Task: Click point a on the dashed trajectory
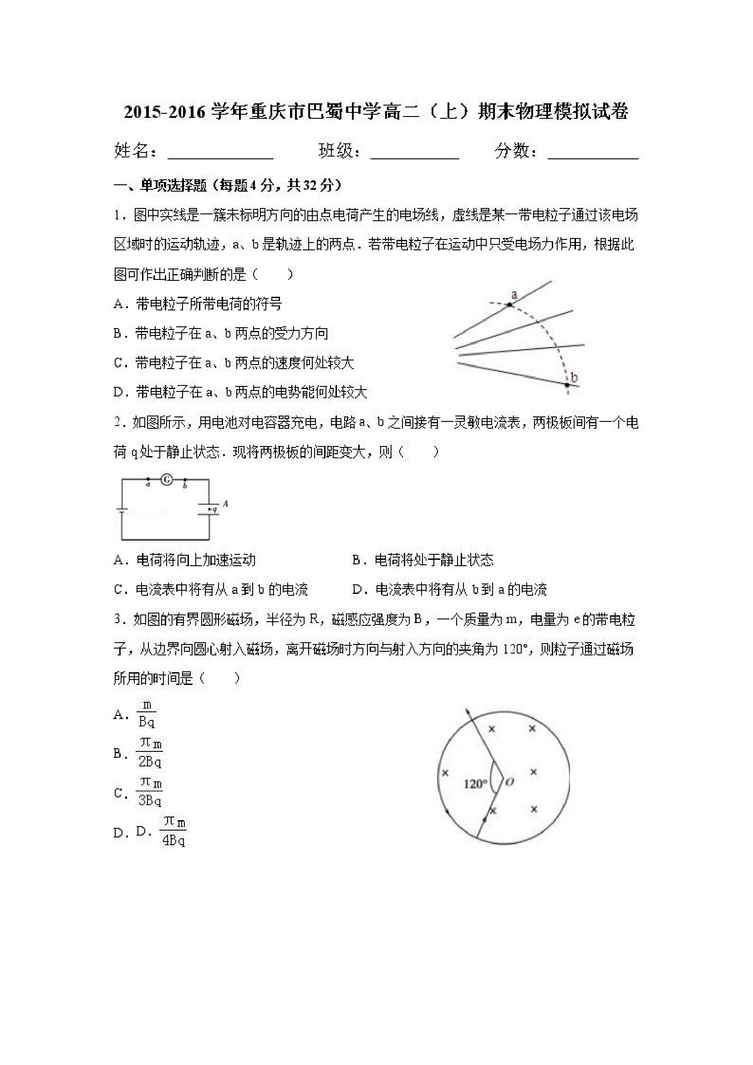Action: tap(509, 304)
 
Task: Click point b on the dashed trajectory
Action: tap(567, 385)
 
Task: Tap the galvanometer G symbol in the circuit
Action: tap(167, 480)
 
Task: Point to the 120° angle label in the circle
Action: tap(475, 784)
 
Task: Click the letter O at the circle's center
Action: tap(509, 782)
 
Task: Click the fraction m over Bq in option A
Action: tap(147, 715)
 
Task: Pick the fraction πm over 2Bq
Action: tap(149, 754)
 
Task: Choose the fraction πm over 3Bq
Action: tap(149, 793)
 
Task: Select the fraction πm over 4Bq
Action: tap(173, 832)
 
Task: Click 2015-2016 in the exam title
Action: tap(164, 112)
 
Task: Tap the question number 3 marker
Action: tap(117, 620)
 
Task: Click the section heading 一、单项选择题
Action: tap(160, 186)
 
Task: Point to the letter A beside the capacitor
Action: tap(225, 503)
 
